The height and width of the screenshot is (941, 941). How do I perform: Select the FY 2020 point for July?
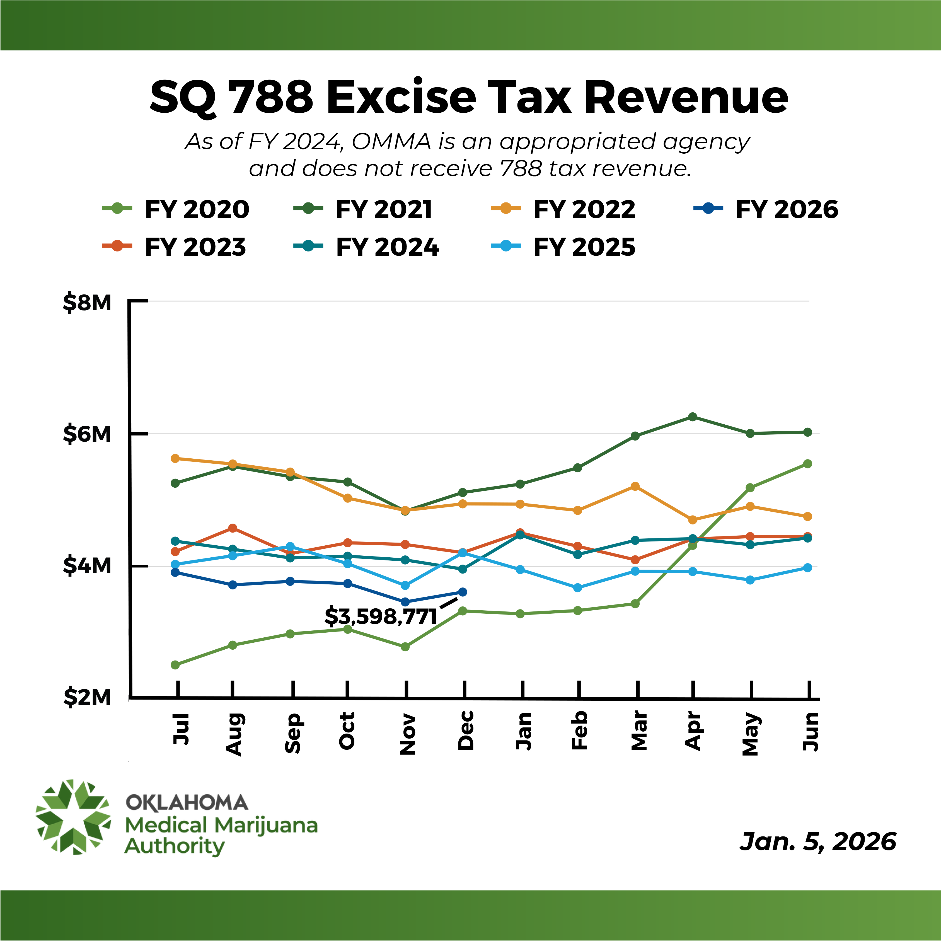coord(175,665)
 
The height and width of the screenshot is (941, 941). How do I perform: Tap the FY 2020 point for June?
coord(807,464)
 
